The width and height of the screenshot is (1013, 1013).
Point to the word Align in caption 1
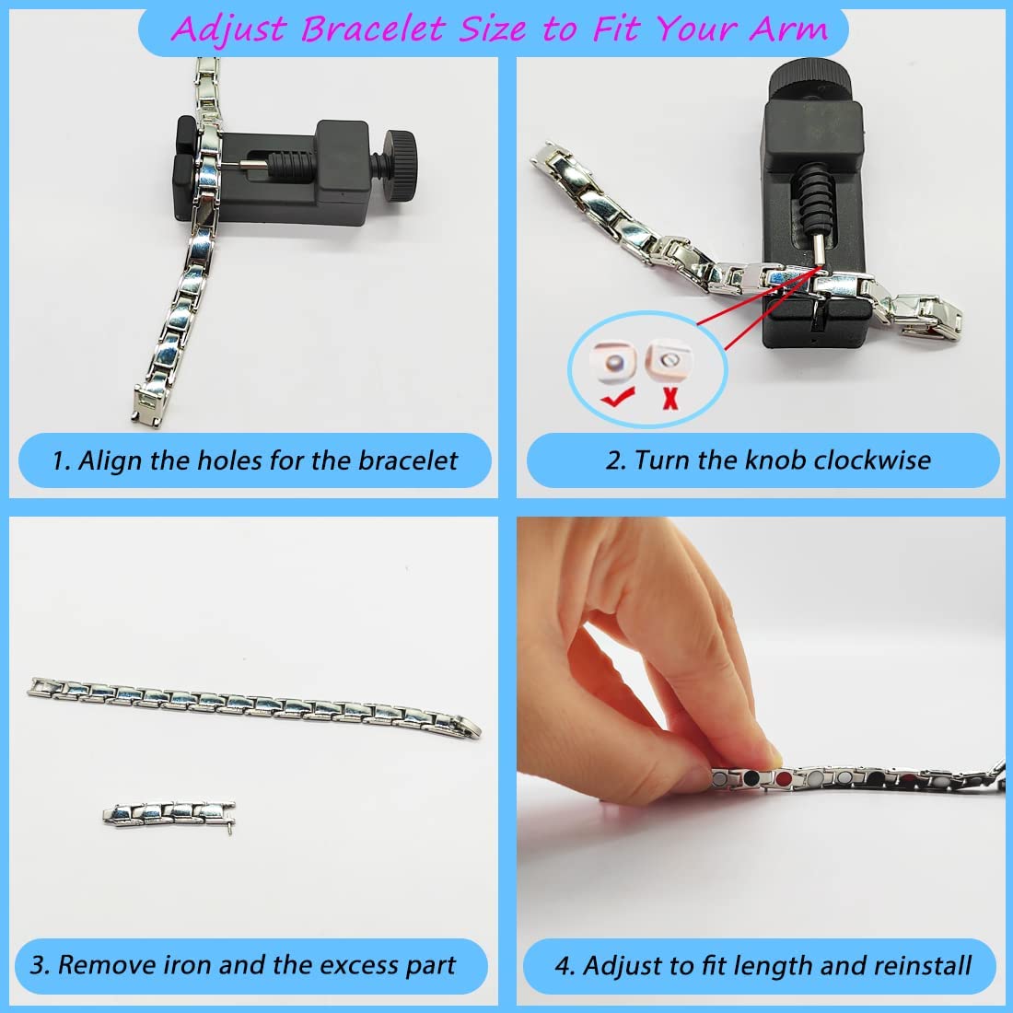pyautogui.click(x=110, y=460)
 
